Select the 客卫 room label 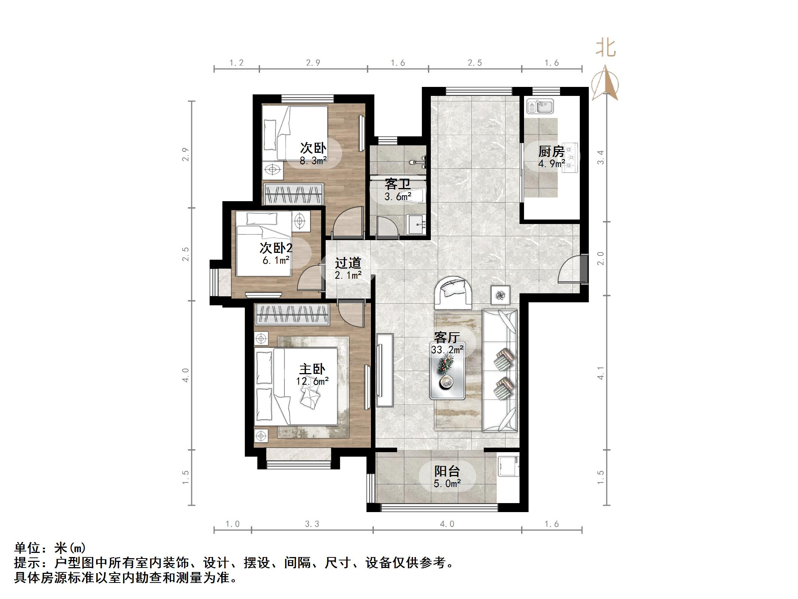click(x=398, y=184)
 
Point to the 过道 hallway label click(x=348, y=263)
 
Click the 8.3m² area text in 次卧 click(x=313, y=161)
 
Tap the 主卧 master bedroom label click(x=312, y=369)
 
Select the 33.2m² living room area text click(x=447, y=350)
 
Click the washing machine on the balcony click(x=509, y=466)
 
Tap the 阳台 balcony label click(x=447, y=471)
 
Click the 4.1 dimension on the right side click(x=601, y=373)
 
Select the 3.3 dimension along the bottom click(x=312, y=524)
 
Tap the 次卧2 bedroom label click(x=276, y=248)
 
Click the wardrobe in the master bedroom click(x=292, y=314)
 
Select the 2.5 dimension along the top click(x=475, y=63)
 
